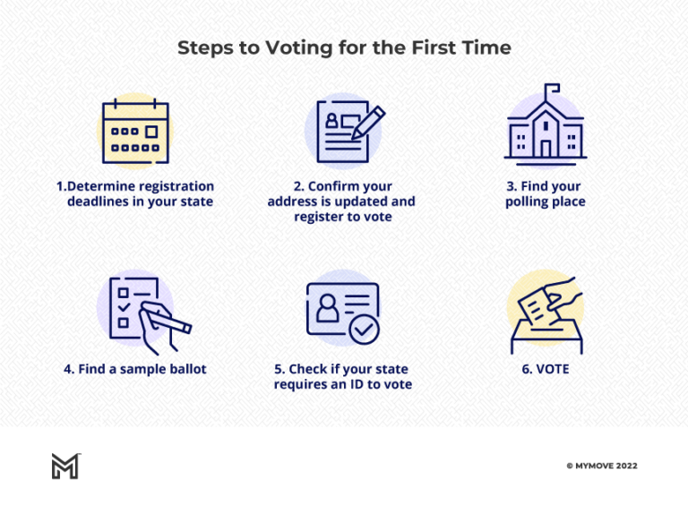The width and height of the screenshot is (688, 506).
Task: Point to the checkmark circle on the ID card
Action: pos(364,330)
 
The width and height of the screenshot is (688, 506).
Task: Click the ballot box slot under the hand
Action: pos(545,328)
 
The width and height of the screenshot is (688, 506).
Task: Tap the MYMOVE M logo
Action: pos(64,466)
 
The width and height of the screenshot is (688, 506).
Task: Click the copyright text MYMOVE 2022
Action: pos(602,466)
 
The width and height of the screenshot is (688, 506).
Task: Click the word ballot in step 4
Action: pos(183,369)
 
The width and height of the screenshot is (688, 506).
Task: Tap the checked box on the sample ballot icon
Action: pos(125,306)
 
